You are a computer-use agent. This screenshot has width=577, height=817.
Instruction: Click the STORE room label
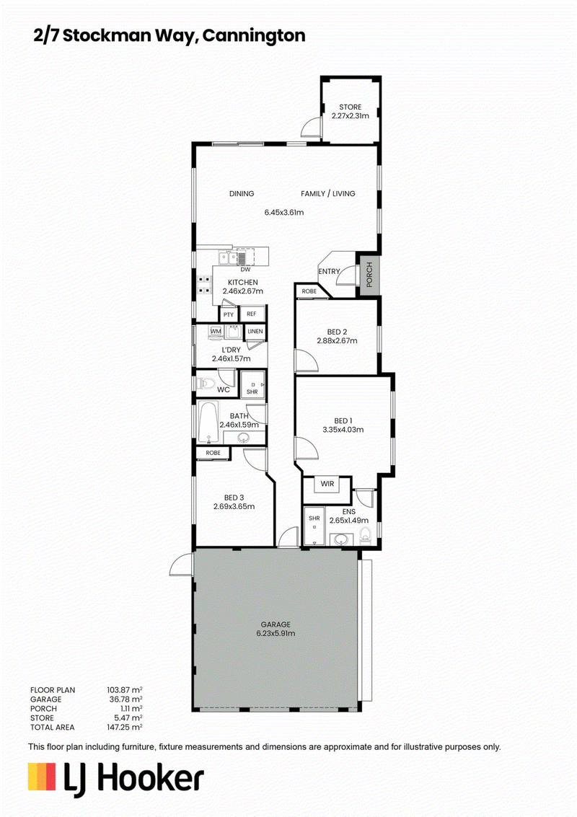351,107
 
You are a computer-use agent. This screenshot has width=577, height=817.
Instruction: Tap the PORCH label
369,275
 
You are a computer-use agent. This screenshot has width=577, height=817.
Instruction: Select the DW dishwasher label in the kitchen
245,270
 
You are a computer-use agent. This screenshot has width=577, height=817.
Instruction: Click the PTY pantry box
229,314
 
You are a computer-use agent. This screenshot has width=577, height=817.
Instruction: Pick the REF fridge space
252,314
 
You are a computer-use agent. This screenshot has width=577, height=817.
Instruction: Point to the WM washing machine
216,332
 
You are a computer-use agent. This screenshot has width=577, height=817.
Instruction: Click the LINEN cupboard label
255,332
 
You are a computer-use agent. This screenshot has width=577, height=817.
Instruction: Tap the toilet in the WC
206,384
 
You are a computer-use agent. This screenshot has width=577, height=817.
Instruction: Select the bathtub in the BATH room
208,422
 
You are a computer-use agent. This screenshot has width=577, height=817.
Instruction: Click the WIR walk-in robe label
327,484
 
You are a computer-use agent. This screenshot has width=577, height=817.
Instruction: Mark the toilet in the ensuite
365,535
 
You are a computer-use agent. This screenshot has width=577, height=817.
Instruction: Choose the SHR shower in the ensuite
314,526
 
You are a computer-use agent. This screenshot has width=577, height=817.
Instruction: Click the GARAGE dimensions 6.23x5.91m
276,634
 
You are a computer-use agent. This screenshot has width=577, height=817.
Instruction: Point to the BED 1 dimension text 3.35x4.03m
343,430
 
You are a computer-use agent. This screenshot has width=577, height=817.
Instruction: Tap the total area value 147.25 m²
125,727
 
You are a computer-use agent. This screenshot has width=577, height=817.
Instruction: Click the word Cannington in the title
254,36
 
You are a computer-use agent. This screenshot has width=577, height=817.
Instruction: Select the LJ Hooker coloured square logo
42,777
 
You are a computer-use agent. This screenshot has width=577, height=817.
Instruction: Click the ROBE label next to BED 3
213,453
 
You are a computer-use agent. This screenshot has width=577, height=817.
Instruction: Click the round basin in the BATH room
243,438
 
